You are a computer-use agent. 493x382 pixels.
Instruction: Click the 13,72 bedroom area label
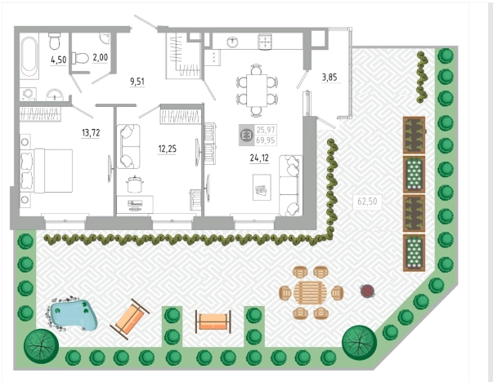pos(91,133)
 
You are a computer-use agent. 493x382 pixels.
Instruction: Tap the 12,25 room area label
pos(168,149)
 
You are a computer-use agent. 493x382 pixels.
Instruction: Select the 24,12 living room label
pos(259,158)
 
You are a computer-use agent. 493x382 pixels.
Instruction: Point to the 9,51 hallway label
pos(137,82)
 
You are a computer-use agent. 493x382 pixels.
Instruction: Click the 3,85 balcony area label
pos(329,78)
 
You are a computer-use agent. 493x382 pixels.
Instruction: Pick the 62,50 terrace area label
pos(367,201)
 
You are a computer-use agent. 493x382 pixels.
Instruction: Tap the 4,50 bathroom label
pos(59,60)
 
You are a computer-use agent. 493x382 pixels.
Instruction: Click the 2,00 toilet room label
pos(101,57)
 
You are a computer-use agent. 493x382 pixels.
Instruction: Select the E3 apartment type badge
pos(246,135)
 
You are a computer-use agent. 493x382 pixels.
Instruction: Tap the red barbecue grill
pos(367,291)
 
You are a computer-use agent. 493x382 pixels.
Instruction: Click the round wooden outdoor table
pos(311,292)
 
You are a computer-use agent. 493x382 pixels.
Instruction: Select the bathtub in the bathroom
pos(30,56)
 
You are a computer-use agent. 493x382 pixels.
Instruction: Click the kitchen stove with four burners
pos(264,42)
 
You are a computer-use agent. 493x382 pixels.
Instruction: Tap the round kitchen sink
pos(232,41)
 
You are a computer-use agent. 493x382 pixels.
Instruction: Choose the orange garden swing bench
pos(213,322)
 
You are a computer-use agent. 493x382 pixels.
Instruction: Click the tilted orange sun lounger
pos(129,319)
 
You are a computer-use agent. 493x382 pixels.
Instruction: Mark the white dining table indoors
pos(257,91)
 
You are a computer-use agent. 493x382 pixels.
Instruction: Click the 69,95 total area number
pos(266,140)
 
